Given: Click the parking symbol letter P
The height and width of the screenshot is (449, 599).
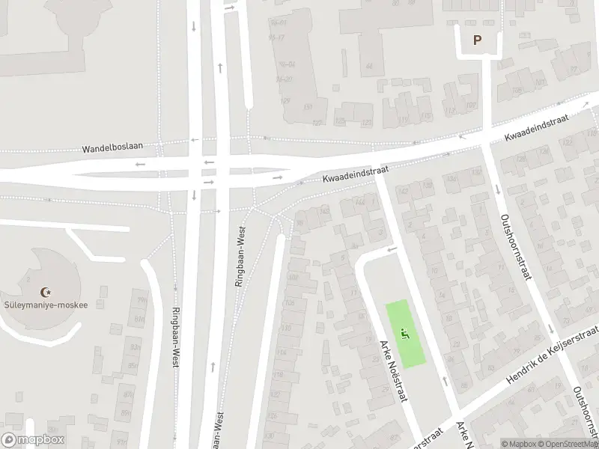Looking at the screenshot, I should [476, 40].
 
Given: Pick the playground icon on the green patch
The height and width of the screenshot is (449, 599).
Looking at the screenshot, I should [406, 334].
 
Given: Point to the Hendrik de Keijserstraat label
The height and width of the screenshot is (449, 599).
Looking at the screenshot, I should [553, 355].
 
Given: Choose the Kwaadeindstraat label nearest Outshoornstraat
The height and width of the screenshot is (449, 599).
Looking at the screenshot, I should [537, 127].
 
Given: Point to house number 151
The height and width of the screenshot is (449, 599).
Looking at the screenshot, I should [306, 107].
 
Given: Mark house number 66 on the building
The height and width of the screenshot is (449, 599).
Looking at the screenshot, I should [369, 66].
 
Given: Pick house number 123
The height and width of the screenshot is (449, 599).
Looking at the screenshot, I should [366, 122].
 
